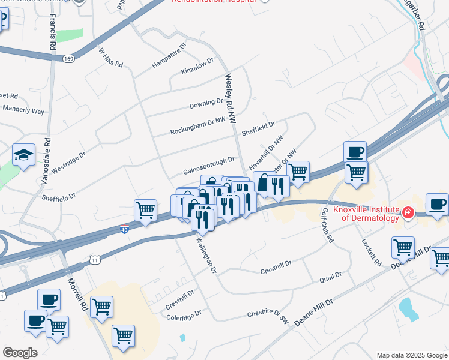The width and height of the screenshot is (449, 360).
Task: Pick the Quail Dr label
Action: [330, 277]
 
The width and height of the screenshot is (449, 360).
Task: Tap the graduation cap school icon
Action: [23, 156]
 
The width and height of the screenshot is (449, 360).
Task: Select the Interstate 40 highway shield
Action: [124, 229]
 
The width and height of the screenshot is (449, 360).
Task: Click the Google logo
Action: [20, 353]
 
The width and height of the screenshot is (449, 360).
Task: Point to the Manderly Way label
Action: [24, 111]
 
